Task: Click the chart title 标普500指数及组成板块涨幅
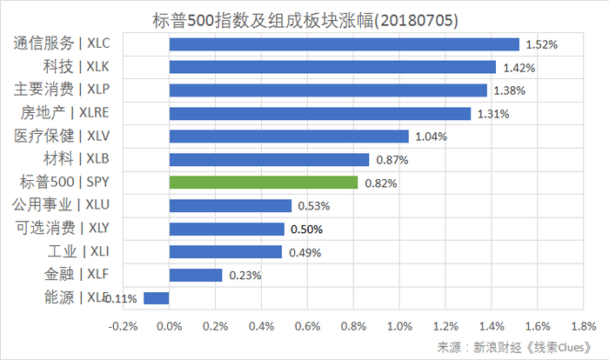[304, 18]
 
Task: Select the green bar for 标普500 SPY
[263, 183]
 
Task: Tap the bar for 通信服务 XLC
[344, 43]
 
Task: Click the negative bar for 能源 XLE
[157, 298]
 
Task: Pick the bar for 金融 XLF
[196, 275]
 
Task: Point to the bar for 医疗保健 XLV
[288, 137]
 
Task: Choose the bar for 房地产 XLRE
[319, 113]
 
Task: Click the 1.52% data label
[541, 43]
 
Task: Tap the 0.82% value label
[380, 183]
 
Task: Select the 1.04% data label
[431, 137]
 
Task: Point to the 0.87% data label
[391, 160]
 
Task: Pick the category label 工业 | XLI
[79, 251]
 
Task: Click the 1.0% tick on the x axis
[398, 326]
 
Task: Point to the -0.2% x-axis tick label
[123, 326]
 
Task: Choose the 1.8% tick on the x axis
[583, 326]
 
